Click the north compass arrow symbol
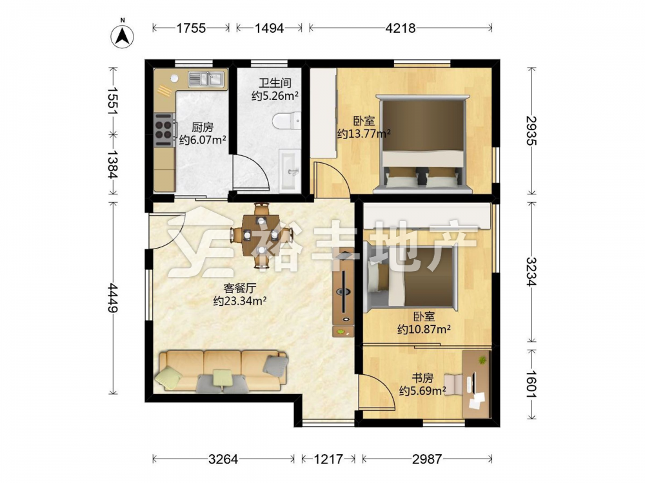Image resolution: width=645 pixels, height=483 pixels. (122, 36)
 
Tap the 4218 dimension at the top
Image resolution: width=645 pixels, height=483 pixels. (401, 28)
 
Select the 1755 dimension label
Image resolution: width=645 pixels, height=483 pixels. (191, 28)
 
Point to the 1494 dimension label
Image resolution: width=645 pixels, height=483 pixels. (269, 28)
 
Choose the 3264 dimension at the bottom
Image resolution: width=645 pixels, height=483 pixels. (223, 459)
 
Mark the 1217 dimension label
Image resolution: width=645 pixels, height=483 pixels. (328, 459)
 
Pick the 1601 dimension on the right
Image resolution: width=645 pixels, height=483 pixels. (531, 384)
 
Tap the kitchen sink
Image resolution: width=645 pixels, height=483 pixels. (206, 79)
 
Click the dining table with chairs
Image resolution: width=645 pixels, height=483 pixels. (261, 236)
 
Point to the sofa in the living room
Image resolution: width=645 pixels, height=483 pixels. (221, 370)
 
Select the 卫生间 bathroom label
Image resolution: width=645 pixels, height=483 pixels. (275, 83)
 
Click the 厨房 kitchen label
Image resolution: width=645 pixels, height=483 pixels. (203, 128)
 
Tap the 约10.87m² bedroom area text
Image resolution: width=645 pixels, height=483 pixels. (424, 329)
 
